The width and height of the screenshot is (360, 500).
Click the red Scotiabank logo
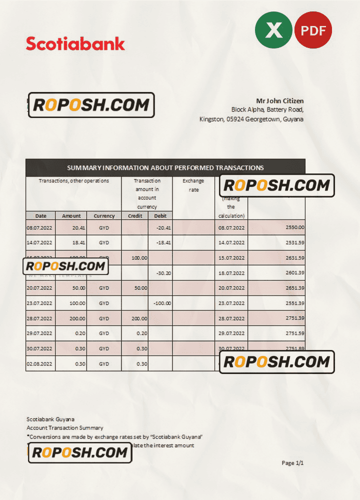point(75,43)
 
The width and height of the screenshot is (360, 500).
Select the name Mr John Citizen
point(279,101)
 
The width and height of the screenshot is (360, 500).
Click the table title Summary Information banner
point(165,167)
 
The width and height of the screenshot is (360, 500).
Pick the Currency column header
point(104,216)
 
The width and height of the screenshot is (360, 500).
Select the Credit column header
point(135,216)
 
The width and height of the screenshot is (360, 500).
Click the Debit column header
point(160,216)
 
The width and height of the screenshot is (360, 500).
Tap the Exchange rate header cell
point(193,185)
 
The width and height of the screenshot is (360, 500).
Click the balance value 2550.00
point(294,227)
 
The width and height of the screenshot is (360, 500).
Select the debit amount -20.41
point(163,227)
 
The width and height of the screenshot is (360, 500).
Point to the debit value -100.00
point(161,303)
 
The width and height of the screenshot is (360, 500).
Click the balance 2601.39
point(294,272)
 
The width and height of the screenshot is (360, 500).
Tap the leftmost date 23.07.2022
point(39,303)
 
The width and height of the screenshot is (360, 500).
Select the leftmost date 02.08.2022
point(39,363)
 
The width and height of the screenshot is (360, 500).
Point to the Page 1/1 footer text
point(292,463)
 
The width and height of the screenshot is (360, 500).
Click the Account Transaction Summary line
point(65,428)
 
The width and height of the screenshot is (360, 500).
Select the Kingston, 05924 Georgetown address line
point(251,119)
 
